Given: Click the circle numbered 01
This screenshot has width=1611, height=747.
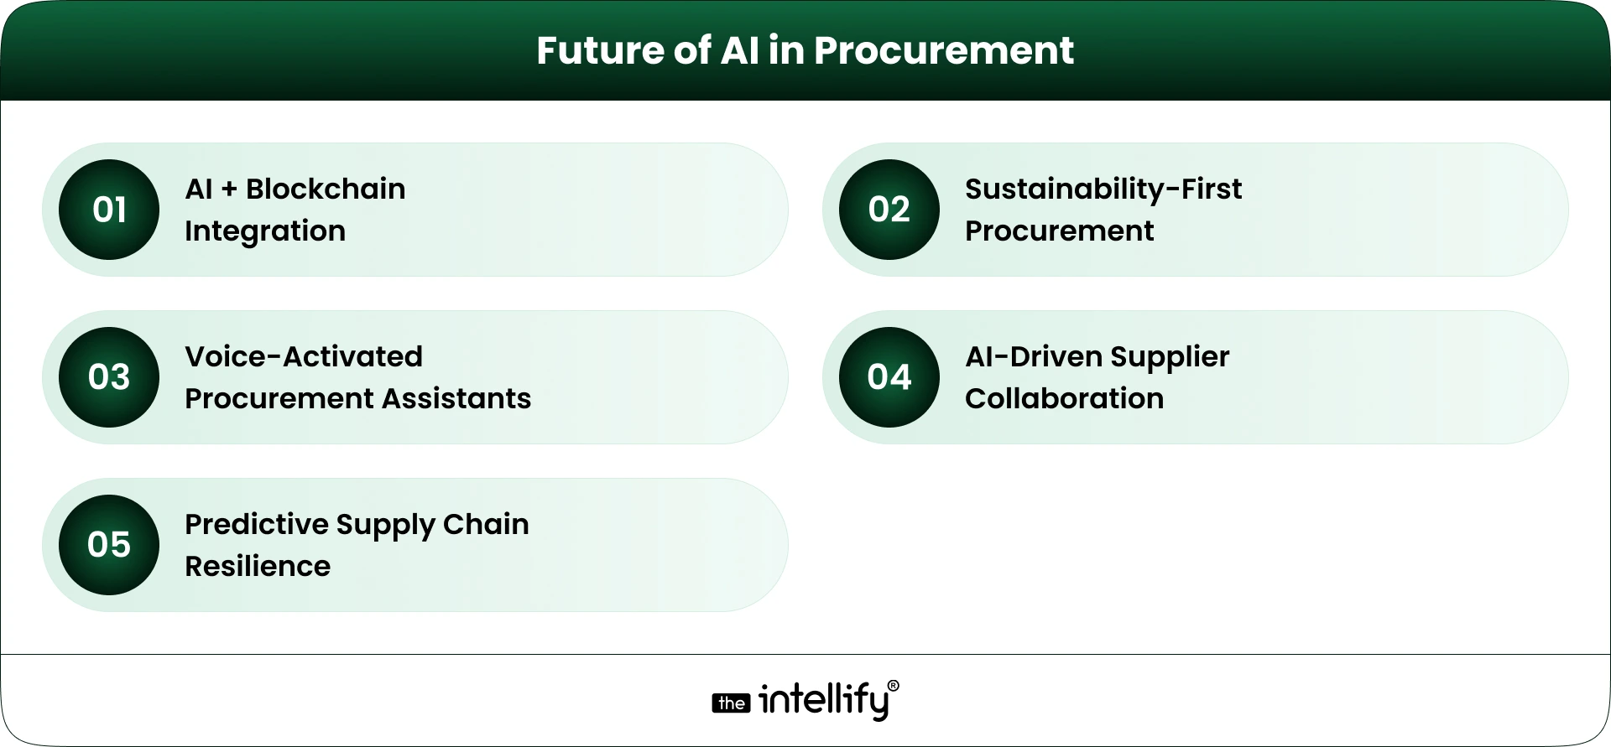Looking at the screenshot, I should (x=109, y=210).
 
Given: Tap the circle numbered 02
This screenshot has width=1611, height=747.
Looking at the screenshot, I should (x=889, y=210).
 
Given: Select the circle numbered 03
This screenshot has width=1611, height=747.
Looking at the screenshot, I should (x=109, y=377).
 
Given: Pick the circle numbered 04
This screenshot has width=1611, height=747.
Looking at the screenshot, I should (x=889, y=377).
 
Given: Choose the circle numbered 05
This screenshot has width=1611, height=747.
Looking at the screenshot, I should (x=109, y=545).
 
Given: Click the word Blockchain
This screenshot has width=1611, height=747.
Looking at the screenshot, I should (x=326, y=189).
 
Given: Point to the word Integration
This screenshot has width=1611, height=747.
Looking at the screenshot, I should (x=265, y=231).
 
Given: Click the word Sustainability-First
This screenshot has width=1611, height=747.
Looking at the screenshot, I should (x=1103, y=189).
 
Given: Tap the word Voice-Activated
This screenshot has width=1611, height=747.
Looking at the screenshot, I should (x=304, y=357).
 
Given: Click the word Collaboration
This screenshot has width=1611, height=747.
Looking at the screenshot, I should (x=1064, y=398).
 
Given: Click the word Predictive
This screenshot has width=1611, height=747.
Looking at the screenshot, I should (x=256, y=525).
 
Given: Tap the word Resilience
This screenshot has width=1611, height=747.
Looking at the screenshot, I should (x=258, y=567).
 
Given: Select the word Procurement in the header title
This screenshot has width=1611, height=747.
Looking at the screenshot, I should (x=943, y=50).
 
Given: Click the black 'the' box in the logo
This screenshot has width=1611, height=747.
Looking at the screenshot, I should (x=731, y=703).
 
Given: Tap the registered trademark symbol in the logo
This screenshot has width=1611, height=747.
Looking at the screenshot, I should (x=893, y=686).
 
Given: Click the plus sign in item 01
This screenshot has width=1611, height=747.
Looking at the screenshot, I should (x=229, y=190).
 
